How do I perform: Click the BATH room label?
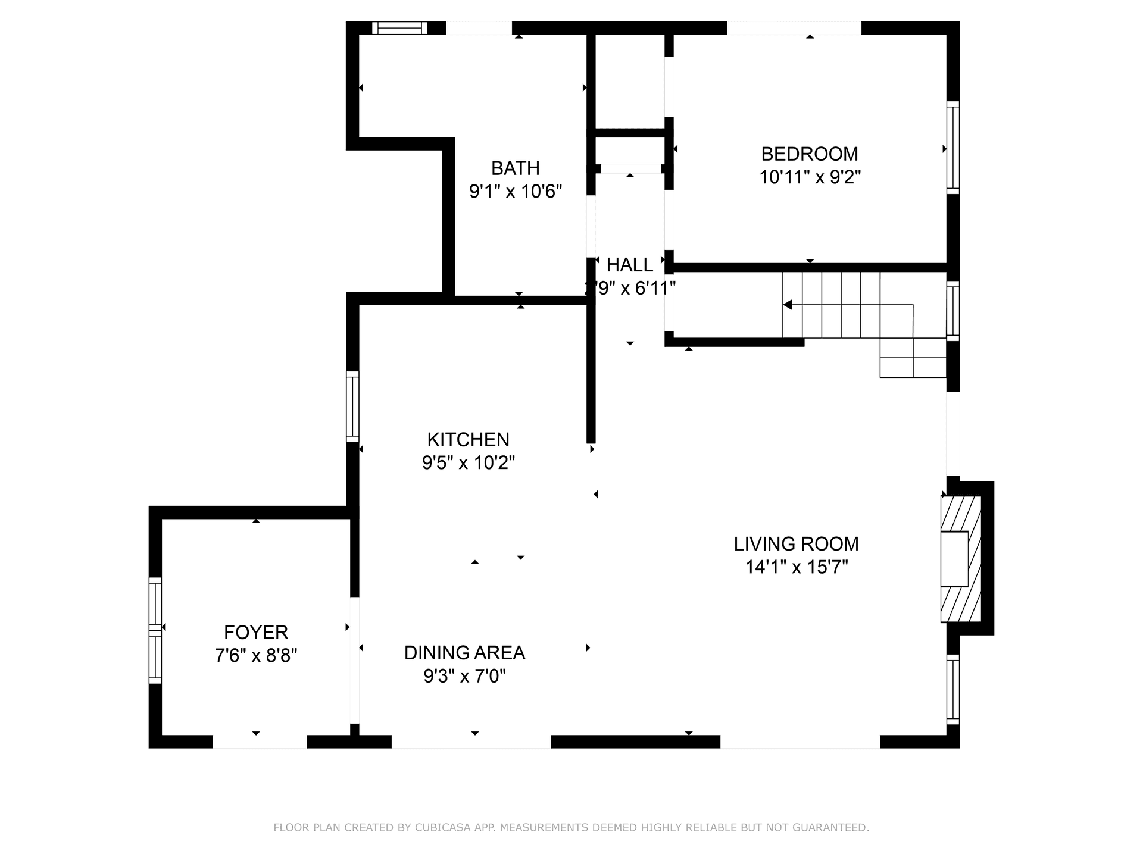click(515, 168)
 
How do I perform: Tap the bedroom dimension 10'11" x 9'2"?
click(810, 177)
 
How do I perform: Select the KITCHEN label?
click(468, 440)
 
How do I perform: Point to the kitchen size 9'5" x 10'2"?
click(468, 463)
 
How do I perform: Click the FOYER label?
click(256, 632)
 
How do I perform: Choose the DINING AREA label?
click(464, 653)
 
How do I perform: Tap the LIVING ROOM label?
click(796, 544)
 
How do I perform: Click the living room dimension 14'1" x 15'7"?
click(796, 567)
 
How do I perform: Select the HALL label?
click(629, 265)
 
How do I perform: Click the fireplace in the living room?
click(960, 559)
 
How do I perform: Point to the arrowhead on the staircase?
click(788, 305)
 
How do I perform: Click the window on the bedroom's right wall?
click(952, 147)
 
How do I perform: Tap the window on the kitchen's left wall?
click(352, 406)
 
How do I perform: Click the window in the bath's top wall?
click(399, 28)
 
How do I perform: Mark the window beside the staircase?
click(952, 311)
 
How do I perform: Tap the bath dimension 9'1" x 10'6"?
click(515, 192)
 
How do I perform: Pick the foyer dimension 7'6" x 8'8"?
click(256, 656)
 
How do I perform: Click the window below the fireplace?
click(952, 689)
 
